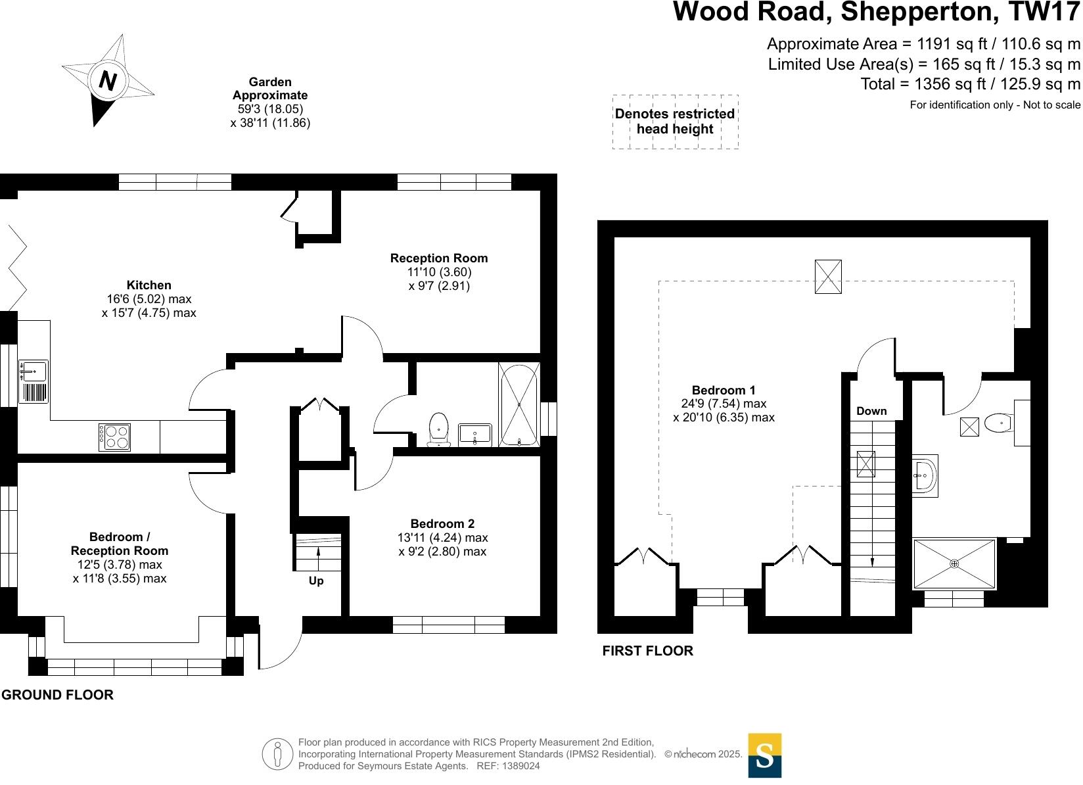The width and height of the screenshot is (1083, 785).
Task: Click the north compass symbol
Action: [x=107, y=80]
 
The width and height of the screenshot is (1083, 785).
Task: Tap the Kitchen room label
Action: [x=149, y=285]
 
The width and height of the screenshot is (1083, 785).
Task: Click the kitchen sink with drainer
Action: [x=33, y=381]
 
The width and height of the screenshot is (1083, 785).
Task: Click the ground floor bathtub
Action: [x=519, y=404]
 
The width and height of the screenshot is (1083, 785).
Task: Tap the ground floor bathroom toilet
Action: [x=438, y=429]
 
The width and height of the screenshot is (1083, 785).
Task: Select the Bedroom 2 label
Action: [x=442, y=524]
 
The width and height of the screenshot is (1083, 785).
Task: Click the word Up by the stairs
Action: [x=316, y=581]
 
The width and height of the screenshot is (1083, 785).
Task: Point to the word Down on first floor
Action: [x=871, y=411]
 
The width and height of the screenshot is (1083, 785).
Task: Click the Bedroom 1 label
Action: [x=724, y=391]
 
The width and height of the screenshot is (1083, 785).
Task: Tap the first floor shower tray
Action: [x=954, y=563]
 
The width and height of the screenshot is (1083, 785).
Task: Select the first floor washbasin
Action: [x=925, y=474]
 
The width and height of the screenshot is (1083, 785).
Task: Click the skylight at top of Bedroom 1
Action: [x=828, y=276]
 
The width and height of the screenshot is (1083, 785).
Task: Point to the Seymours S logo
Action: [x=765, y=755]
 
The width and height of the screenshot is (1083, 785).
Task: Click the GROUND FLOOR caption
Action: [x=57, y=695]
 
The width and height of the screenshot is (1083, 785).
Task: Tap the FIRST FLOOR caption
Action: [x=647, y=651]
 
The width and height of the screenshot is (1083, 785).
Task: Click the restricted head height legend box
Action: [x=675, y=122]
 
